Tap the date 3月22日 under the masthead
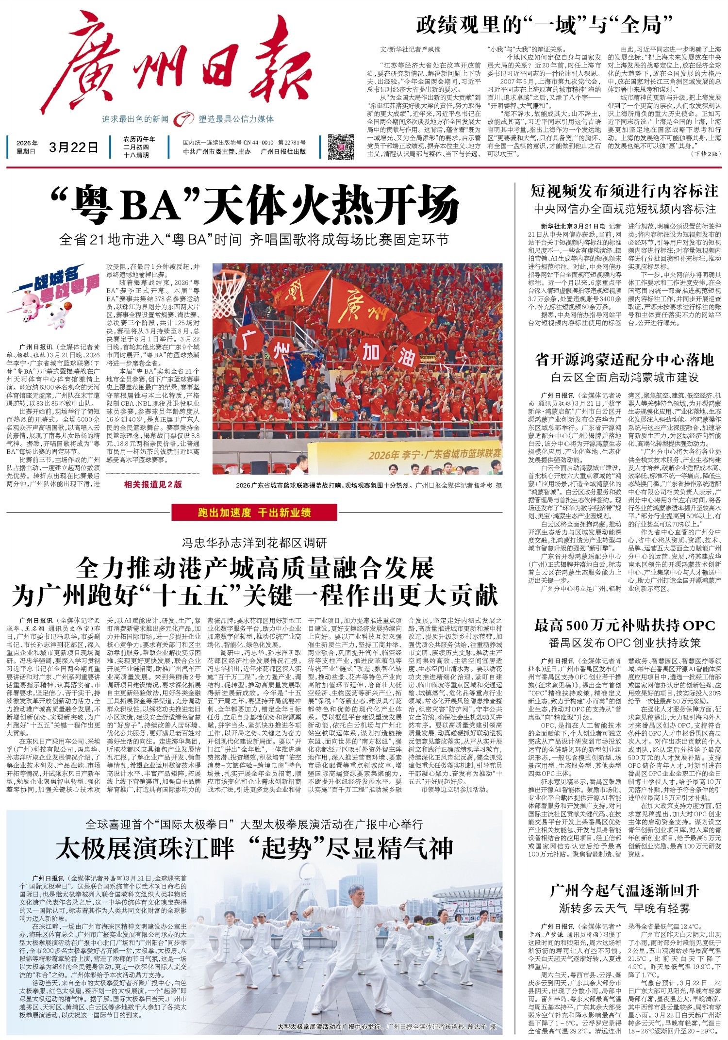tap(73, 147)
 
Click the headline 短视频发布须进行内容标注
tap(624, 191)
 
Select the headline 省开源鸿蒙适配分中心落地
tap(624, 360)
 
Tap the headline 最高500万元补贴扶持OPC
tap(624, 626)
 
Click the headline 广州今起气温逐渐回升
tap(624, 891)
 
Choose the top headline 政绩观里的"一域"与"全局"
tap(544, 24)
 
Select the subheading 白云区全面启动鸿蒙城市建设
tap(624, 377)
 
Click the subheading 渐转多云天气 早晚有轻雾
tap(624, 908)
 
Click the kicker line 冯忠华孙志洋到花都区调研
tap(254, 543)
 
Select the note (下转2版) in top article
tap(704, 154)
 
